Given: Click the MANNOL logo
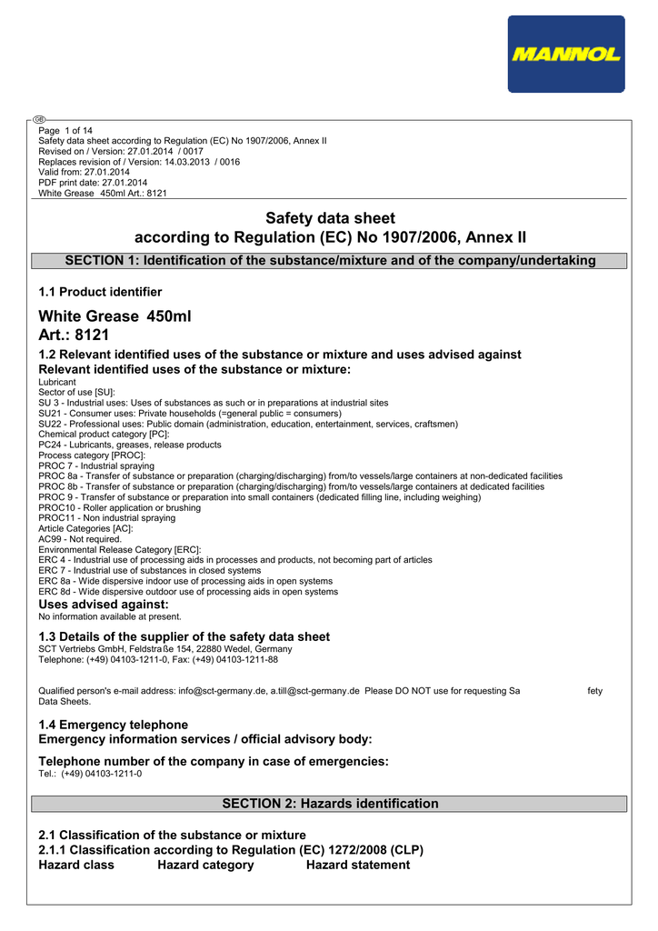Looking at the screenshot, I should tap(566, 55).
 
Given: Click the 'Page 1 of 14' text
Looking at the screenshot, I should tap(65, 131).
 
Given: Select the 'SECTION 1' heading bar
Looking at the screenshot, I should tap(329, 261).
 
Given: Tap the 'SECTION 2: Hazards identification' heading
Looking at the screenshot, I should tap(329, 804).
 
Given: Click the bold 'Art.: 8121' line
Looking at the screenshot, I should tap(74, 335).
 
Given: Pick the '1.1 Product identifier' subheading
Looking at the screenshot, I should tap(100, 292).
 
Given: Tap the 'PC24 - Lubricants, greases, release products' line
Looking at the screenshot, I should tap(130, 445).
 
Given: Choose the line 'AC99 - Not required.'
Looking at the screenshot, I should tap(80, 539).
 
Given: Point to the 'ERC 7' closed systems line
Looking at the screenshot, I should tap(150, 571).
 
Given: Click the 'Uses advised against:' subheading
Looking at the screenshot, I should tap(104, 605).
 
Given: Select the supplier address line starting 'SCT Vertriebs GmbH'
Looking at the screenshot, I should tap(165, 649).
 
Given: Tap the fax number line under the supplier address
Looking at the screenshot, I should tap(158, 660).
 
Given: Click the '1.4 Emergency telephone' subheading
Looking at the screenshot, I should tap(114, 725).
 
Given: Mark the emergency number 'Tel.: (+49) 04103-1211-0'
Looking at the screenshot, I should tap(90, 774).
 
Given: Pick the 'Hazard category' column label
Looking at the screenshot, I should tap(205, 865).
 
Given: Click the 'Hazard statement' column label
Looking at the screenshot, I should tap(358, 865).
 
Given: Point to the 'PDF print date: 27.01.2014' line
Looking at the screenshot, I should tap(93, 183).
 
